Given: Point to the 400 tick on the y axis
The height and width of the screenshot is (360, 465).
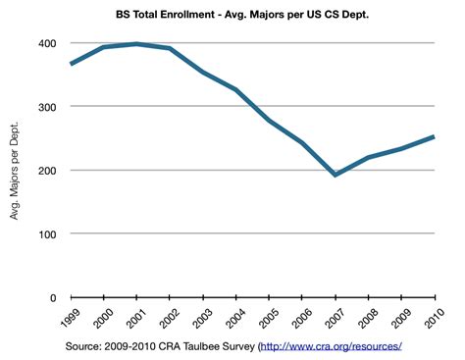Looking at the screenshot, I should coord(47,44).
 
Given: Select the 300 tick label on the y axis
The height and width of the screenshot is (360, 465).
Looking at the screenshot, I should coord(47,107).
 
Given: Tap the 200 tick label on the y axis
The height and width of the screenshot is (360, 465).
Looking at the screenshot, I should coord(47,171).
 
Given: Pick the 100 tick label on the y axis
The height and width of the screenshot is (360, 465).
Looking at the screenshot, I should coord(47,234).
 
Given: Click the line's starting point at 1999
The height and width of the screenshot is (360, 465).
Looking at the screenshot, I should coord(70,64).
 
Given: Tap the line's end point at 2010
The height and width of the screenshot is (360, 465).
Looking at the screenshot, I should coord(434,137).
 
